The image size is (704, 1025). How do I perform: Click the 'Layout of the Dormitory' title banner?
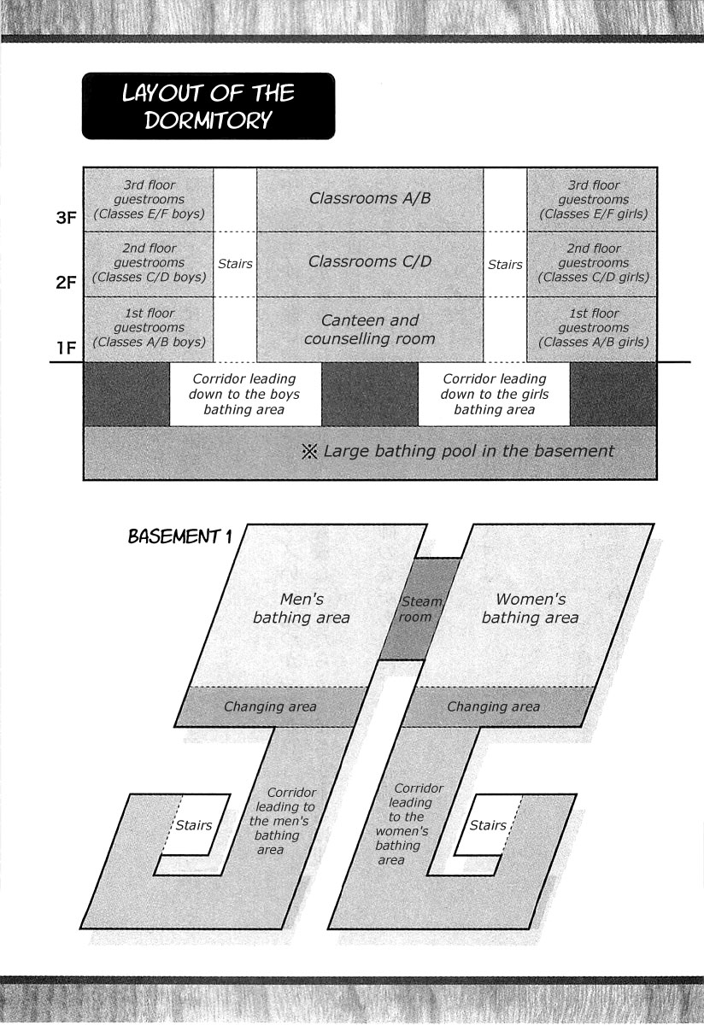tap(208, 106)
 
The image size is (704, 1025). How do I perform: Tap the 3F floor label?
tap(66, 218)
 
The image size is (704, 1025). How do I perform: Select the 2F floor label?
tap(66, 283)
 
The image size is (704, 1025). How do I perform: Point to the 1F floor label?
tap(67, 348)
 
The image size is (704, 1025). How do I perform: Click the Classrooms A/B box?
tap(370, 200)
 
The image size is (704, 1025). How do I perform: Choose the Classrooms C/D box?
tap(370, 264)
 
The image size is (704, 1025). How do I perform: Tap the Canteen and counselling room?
tap(370, 330)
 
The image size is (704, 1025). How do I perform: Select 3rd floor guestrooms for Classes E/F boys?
tap(149, 200)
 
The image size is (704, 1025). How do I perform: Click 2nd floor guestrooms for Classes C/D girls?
tap(592, 264)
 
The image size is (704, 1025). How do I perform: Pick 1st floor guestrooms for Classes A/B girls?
tap(592, 330)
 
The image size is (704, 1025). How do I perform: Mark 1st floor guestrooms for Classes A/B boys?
tap(149, 330)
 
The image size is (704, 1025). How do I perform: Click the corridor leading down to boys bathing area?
tap(245, 394)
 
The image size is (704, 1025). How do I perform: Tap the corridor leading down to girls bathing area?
tap(494, 394)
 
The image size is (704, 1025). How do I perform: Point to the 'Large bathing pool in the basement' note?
tap(458, 451)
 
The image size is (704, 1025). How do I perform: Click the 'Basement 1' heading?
tap(180, 536)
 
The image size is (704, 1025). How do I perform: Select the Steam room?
tap(419, 608)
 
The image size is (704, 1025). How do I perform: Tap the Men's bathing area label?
tap(302, 608)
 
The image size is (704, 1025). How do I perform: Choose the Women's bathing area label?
tap(530, 608)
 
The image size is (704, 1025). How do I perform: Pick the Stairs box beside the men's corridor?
tap(195, 824)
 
